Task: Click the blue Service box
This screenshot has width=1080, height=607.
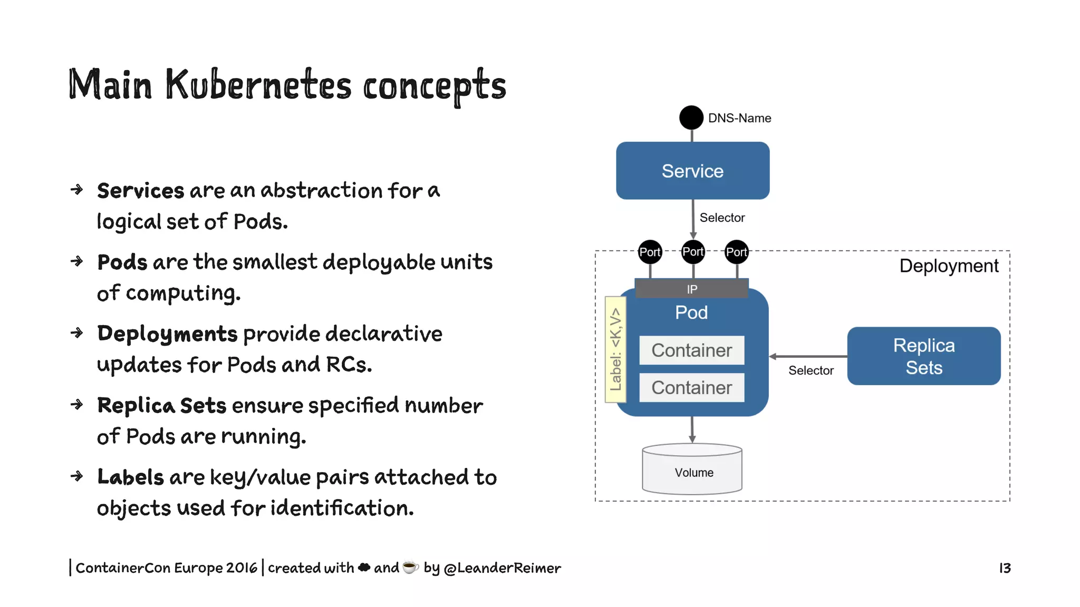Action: tap(692, 170)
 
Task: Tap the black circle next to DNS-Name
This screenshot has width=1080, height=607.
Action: tap(691, 117)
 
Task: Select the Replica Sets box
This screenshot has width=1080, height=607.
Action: tap(923, 356)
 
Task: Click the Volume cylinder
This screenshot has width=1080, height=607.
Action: tap(692, 470)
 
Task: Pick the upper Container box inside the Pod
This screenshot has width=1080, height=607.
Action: tap(691, 350)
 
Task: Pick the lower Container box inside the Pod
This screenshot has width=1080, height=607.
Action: tap(691, 387)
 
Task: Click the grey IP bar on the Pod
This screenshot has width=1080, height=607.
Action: tap(691, 289)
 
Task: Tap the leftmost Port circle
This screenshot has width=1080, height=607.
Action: tap(650, 252)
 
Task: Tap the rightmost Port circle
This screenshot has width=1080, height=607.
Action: tap(736, 252)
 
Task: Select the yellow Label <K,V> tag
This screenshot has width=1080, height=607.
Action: tap(615, 349)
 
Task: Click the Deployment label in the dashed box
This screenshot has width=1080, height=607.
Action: tap(948, 266)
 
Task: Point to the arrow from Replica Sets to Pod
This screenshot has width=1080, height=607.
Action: tap(808, 357)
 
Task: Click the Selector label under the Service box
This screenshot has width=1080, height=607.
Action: tap(721, 218)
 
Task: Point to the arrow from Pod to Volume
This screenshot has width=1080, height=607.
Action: tap(692, 429)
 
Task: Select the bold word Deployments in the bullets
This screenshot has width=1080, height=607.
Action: tap(167, 334)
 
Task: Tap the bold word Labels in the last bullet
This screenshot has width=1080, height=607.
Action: tap(130, 477)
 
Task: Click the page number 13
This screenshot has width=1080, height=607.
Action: tap(1005, 567)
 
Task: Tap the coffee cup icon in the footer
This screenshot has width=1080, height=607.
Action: tap(410, 567)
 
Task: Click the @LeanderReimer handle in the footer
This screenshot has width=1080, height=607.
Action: tap(502, 567)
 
